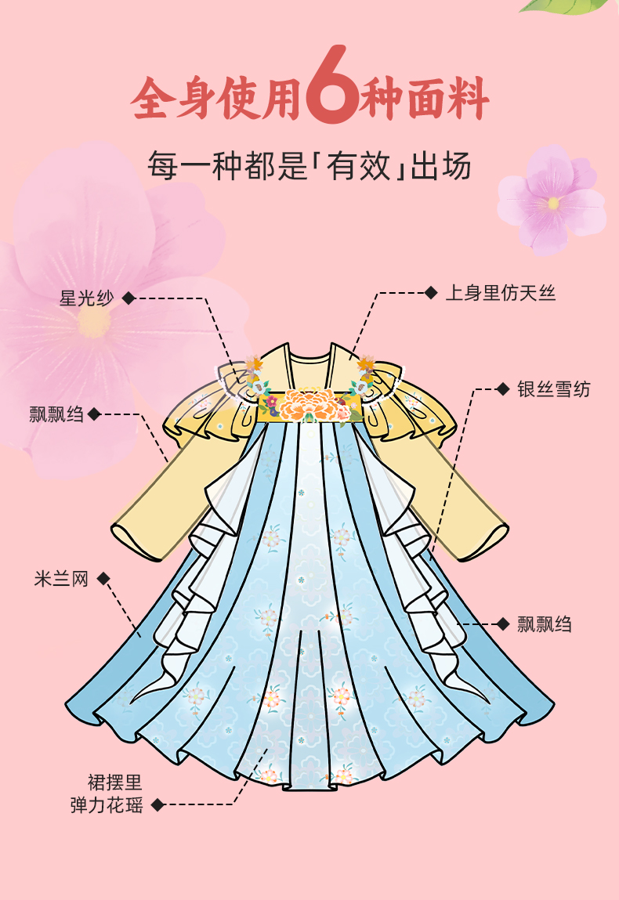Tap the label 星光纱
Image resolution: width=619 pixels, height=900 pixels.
(87, 298)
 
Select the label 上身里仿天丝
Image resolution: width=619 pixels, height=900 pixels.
(501, 293)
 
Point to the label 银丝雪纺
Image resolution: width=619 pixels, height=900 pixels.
(553, 389)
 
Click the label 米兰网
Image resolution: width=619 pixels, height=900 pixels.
(61, 580)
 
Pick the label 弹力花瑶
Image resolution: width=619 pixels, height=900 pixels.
(107, 804)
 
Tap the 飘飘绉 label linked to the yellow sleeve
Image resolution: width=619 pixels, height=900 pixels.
(56, 414)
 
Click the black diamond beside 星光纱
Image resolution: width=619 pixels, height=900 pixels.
(129, 298)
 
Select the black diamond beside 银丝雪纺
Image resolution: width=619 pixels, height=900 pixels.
(503, 389)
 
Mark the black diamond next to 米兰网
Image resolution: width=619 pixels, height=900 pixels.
(103, 580)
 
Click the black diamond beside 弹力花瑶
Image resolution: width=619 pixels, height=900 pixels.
(157, 804)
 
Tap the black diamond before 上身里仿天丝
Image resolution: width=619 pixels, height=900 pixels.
(430, 293)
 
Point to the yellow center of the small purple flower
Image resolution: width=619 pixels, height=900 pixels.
(554, 203)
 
